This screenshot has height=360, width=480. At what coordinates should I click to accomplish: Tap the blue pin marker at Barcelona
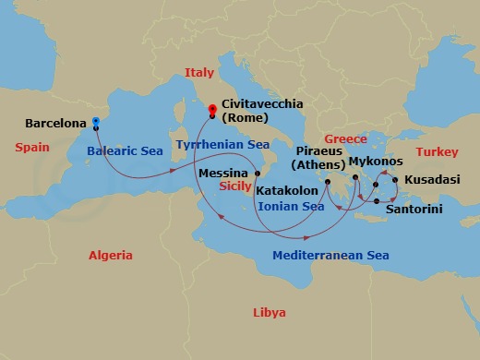pyautogui.click(x=96, y=121)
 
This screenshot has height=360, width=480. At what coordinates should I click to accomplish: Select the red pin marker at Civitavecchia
pyautogui.click(x=212, y=110)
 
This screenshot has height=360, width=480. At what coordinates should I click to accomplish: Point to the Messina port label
pyautogui.click(x=222, y=174)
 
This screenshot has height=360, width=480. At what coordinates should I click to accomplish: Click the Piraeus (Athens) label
pyautogui.click(x=318, y=157)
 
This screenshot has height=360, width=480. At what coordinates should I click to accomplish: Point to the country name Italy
pyautogui.click(x=198, y=72)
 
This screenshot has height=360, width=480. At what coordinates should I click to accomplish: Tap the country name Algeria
pyautogui.click(x=110, y=256)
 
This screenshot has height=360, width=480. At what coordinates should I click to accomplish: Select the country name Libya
pyautogui.click(x=269, y=313)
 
